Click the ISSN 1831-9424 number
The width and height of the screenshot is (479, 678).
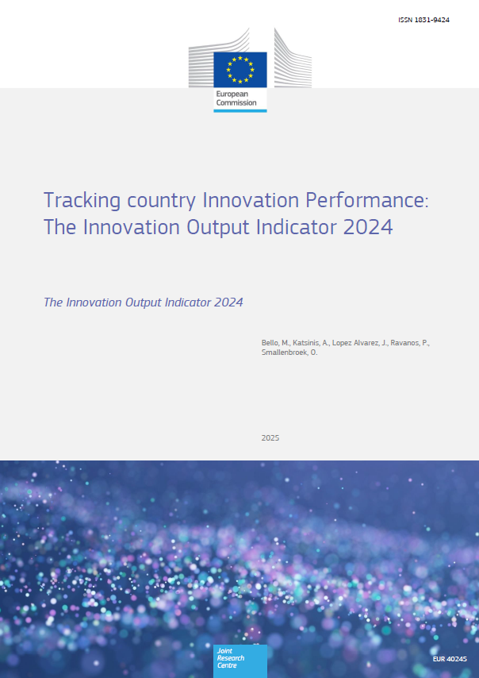(423, 20)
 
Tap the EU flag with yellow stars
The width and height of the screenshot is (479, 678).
(240, 69)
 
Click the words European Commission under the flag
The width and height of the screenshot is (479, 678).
(236, 98)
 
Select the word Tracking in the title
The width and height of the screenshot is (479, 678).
(82, 201)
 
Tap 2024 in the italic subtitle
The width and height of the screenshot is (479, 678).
(228, 302)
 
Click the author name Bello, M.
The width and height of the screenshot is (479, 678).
(275, 343)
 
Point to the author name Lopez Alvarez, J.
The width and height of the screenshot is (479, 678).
(360, 343)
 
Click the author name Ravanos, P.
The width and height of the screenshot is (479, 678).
(410, 343)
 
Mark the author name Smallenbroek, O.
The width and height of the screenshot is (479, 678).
(289, 352)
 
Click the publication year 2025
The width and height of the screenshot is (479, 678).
(270, 437)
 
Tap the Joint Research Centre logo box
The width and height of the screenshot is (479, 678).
(240, 661)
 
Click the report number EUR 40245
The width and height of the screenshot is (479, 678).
(450, 659)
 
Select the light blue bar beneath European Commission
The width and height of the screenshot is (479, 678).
(240, 110)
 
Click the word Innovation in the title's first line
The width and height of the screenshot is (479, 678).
(251, 200)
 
